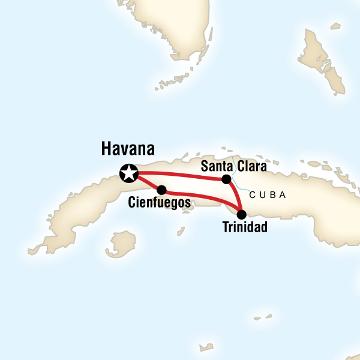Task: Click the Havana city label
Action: pyautogui.click(x=128, y=149)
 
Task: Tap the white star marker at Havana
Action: pyautogui.click(x=129, y=173)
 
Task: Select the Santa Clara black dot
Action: pyautogui.click(x=226, y=179)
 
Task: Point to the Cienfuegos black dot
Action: pyautogui.click(x=161, y=190)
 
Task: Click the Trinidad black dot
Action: pyautogui.click(x=241, y=214)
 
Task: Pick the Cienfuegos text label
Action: pyautogui.click(x=160, y=203)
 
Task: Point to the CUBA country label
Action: pyautogui.click(x=268, y=196)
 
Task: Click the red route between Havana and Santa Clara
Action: pyautogui.click(x=180, y=175)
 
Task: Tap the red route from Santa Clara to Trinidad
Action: pyautogui.click(x=234, y=196)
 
